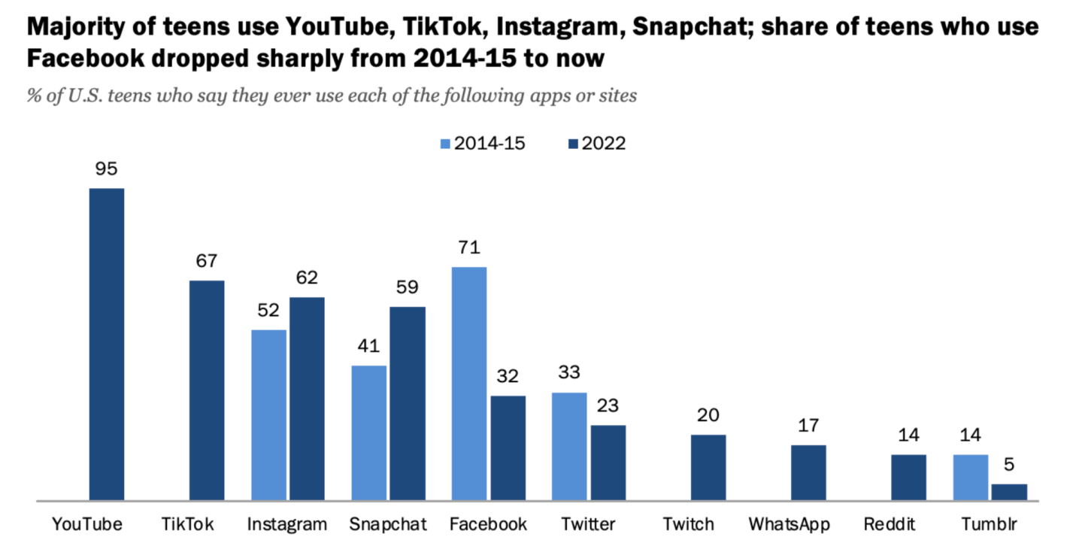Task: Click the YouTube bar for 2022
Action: point(107,344)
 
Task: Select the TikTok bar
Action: point(207,390)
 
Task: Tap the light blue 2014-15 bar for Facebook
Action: point(468,384)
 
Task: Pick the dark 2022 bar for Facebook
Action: point(508,447)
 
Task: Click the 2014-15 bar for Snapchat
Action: point(368,432)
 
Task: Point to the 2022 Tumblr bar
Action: point(1009,492)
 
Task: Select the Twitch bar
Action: point(708,467)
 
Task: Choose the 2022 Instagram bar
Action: point(307,399)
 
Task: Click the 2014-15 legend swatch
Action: point(444,144)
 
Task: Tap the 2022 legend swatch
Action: point(573,144)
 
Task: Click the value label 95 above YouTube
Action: point(106,168)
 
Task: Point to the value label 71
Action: point(468,247)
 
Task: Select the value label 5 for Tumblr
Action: point(1009,465)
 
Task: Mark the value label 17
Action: point(808,426)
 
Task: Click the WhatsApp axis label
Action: point(789,524)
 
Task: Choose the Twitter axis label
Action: point(588,524)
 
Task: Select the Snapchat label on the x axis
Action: point(388,524)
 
